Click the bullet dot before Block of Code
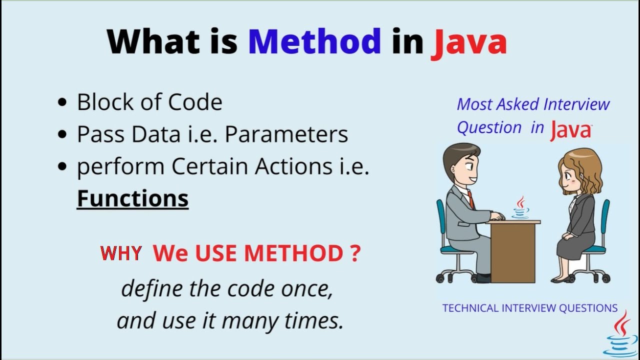pos(62,102)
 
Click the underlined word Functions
pos(132,198)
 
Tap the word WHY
pos(121,253)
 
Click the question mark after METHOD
pos(354,253)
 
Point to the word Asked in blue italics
pos(516,104)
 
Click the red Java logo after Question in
pos(571,130)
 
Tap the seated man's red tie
pos(470,199)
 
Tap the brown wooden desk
pos(512,250)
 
